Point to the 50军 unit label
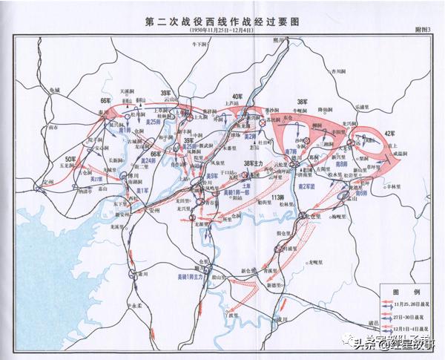coord(70,160)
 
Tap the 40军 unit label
coord(237,97)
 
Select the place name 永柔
coord(134,305)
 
